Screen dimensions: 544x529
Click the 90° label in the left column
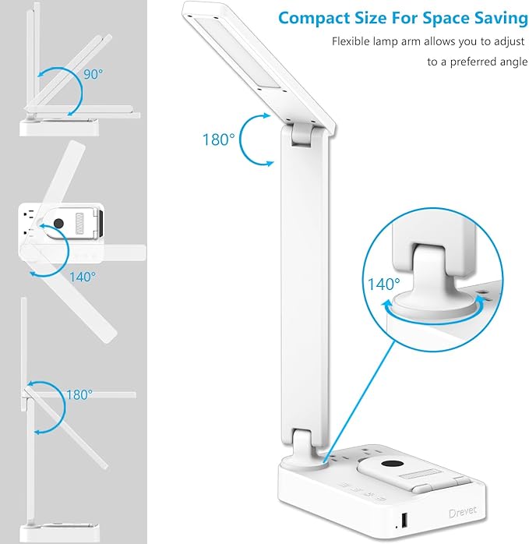click(93, 75)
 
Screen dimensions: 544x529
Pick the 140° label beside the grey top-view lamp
click(82, 276)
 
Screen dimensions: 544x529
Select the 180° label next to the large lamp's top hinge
click(218, 140)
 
